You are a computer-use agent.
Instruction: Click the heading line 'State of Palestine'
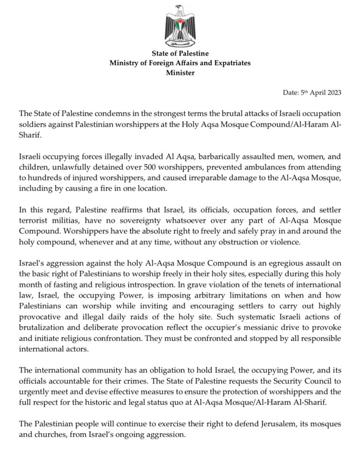pyautogui.click(x=180, y=54)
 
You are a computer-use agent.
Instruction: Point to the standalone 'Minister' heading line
pyautogui.click(x=180, y=72)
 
